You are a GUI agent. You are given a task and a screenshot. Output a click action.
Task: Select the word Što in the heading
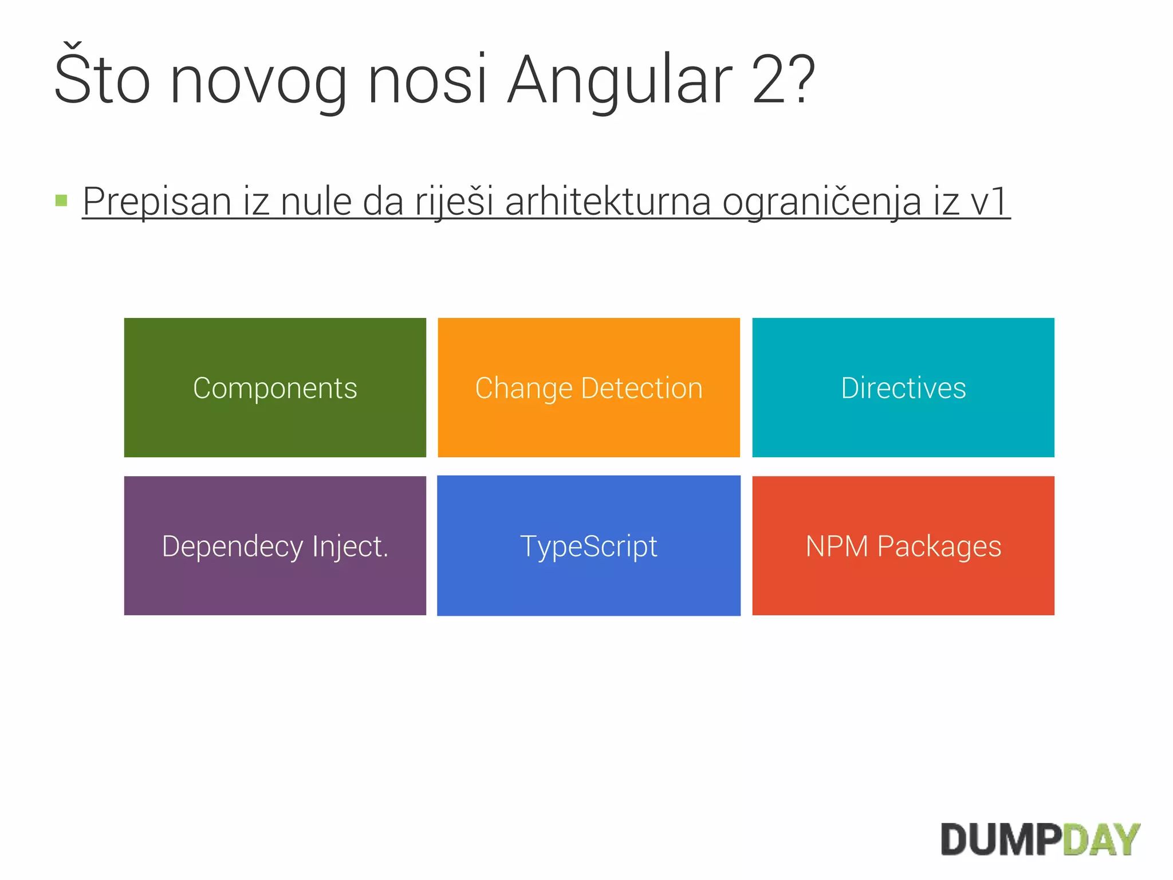click(102, 77)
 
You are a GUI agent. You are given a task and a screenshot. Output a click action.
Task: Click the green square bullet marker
click(61, 201)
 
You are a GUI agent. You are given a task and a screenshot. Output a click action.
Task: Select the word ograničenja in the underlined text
click(821, 203)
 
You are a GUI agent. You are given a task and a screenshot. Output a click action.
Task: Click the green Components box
click(275, 387)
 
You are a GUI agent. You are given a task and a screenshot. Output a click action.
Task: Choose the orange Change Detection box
click(589, 387)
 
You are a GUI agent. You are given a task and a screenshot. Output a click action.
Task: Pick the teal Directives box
click(903, 387)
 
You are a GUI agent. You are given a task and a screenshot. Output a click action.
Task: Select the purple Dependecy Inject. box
click(275, 545)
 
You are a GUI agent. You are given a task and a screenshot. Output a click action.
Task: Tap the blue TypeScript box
click(589, 545)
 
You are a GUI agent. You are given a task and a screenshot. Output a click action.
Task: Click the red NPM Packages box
click(903, 545)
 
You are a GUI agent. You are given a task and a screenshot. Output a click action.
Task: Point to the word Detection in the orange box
click(641, 388)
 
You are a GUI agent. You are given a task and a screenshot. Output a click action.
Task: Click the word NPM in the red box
click(837, 546)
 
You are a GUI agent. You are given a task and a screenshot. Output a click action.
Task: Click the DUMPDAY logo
click(1040, 840)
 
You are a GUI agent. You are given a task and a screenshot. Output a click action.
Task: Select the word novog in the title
click(259, 81)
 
